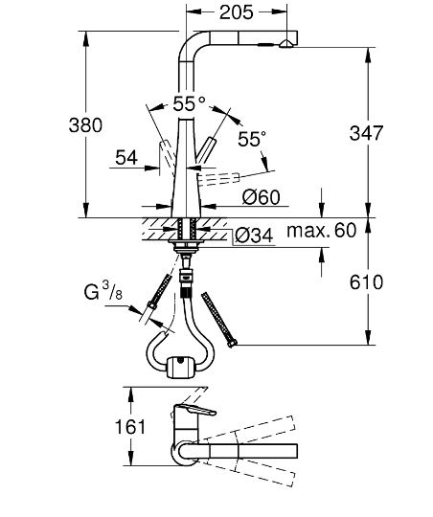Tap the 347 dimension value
pos(398,133)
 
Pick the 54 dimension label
pos(126,157)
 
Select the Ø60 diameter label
pos(260,198)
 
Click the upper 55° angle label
pos(189,103)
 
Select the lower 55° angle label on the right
pos(248,139)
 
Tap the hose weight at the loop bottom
pos(180,365)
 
